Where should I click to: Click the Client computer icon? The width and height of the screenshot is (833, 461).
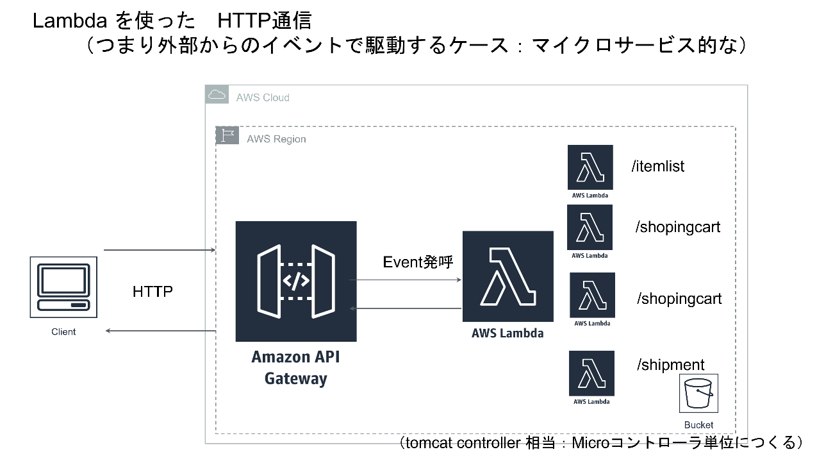(63, 287)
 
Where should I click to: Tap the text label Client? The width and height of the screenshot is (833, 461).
(63, 332)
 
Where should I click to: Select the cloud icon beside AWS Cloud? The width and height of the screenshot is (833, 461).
(217, 95)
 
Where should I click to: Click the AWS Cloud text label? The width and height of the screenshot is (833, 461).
(263, 97)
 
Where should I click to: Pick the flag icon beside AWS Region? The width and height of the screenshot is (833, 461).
(227, 136)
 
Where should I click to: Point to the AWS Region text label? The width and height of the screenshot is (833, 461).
(276, 139)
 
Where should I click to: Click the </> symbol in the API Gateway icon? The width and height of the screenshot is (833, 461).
(296, 281)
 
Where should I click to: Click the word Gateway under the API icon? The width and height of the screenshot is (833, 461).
(295, 378)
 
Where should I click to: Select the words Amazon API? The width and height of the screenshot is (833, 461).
(295, 356)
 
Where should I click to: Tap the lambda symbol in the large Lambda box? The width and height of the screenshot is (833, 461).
(508, 276)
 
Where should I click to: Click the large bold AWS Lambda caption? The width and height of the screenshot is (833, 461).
(507, 333)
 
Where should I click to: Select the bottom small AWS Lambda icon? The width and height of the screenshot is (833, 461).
(591, 379)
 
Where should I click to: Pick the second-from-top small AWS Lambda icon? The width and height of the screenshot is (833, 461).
(590, 233)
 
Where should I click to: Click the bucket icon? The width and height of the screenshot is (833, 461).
(698, 393)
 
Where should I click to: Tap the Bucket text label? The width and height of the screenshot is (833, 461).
(698, 425)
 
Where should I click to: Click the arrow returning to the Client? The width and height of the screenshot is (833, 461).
(160, 331)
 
